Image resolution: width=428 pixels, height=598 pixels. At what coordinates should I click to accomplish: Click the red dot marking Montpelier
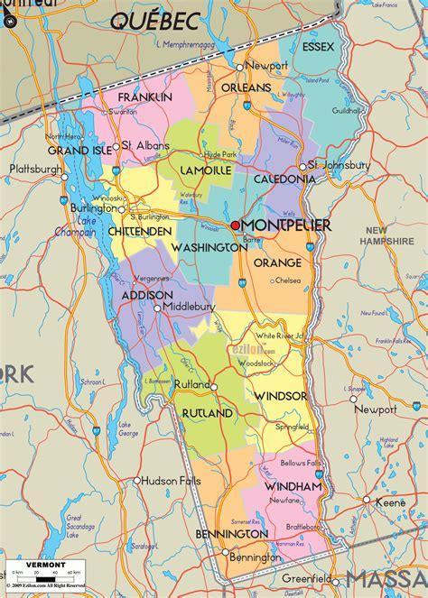(236, 225)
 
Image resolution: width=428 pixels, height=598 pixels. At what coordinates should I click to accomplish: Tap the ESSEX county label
(318, 46)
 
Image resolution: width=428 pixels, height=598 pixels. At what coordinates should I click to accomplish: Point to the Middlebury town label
(189, 307)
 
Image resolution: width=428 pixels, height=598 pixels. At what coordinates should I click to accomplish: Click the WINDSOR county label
(280, 396)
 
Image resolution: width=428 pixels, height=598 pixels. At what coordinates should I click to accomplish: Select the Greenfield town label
(302, 579)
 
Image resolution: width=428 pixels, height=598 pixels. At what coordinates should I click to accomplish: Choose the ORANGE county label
(277, 262)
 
